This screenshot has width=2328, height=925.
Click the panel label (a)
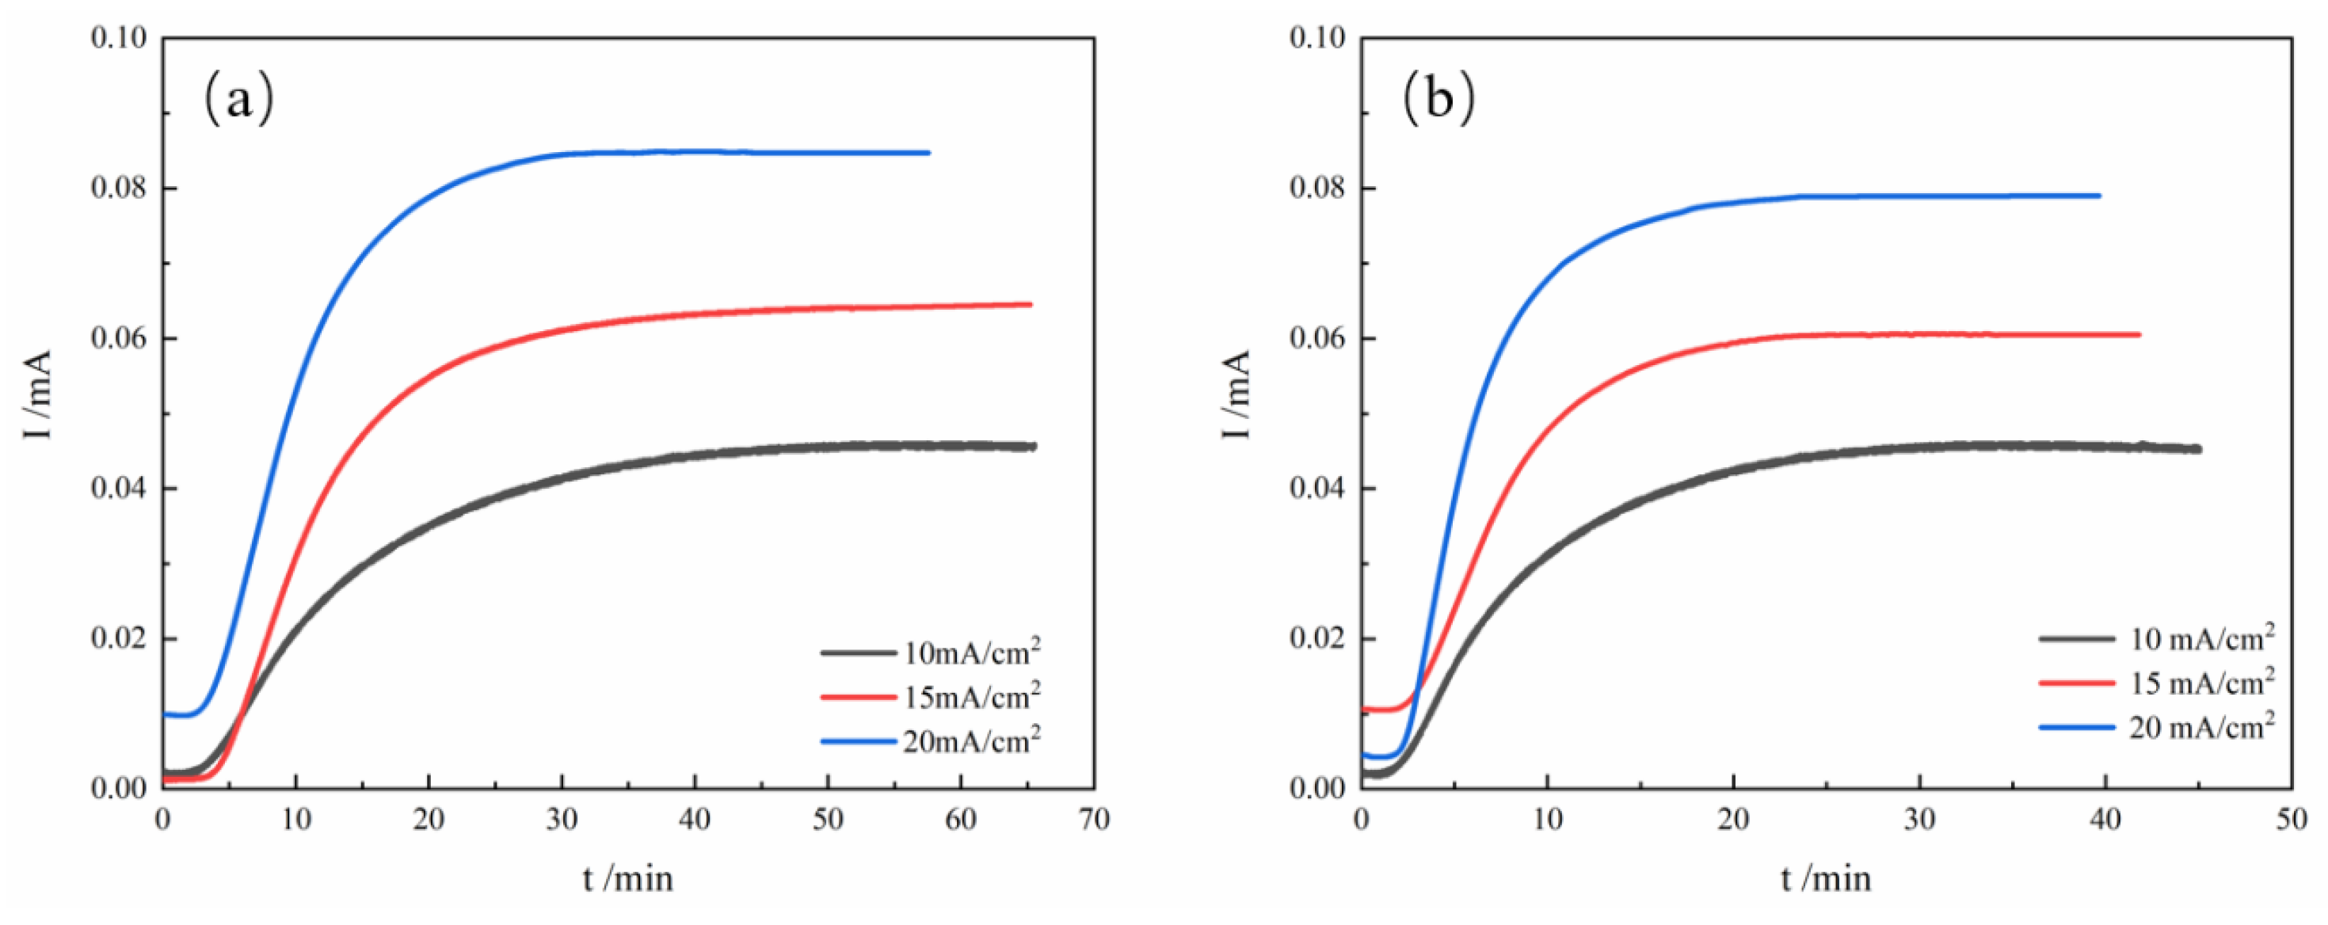click(238, 98)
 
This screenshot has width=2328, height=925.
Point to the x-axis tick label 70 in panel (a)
click(1094, 820)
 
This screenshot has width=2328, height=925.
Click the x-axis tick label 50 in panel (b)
click(2291, 820)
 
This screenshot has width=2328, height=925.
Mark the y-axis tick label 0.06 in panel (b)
click(1319, 339)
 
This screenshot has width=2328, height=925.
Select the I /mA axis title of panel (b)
click(1236, 394)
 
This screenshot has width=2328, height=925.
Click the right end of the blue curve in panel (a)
click(928, 153)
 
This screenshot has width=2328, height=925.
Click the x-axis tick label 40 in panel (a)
click(694, 820)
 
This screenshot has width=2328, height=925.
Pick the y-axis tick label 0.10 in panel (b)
click(1319, 38)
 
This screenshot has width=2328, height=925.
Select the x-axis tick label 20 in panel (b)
click(1733, 820)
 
